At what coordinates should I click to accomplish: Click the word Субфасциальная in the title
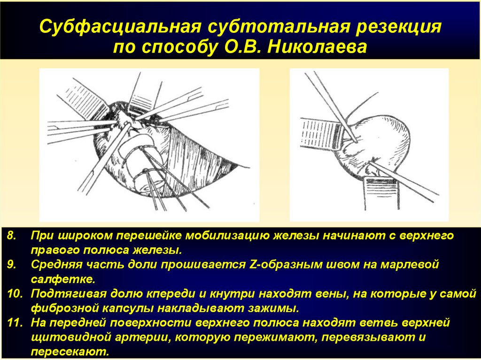120,27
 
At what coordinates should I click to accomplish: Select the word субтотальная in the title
279,27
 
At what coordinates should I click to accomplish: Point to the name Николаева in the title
317,47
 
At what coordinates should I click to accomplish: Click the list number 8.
12,236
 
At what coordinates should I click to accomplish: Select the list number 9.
12,265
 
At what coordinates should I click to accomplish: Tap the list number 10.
15,294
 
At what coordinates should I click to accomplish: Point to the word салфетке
63,279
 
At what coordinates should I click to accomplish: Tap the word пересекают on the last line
70,352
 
